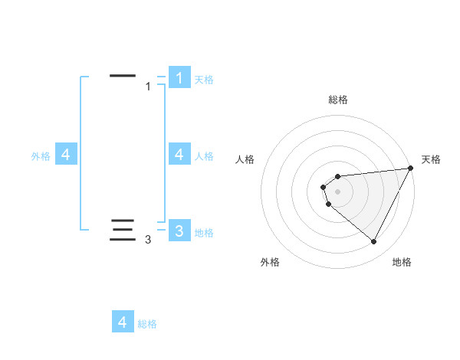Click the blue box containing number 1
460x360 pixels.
(x=179, y=78)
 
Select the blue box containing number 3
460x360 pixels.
(x=179, y=231)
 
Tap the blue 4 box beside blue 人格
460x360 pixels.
(x=179, y=155)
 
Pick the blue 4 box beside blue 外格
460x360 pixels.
(x=66, y=155)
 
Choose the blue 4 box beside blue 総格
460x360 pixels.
(x=123, y=322)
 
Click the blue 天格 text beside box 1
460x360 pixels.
(x=204, y=80)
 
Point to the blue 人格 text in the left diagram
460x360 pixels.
(x=204, y=156)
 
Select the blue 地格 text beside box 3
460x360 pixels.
(x=204, y=232)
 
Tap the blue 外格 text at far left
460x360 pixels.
(x=41, y=156)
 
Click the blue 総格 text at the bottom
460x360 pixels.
(x=147, y=324)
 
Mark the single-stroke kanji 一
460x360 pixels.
(x=123, y=76)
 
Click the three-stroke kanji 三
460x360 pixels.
(x=123, y=230)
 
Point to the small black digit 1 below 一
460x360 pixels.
(x=148, y=87)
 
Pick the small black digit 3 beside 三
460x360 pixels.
(x=148, y=240)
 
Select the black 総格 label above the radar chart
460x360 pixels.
(x=338, y=100)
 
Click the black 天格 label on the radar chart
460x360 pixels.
(x=431, y=159)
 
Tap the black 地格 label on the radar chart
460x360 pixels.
(x=402, y=262)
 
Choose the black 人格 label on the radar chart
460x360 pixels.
(x=245, y=159)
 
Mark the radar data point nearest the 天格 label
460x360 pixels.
(x=410, y=169)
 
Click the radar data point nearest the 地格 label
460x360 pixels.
(x=374, y=241)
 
